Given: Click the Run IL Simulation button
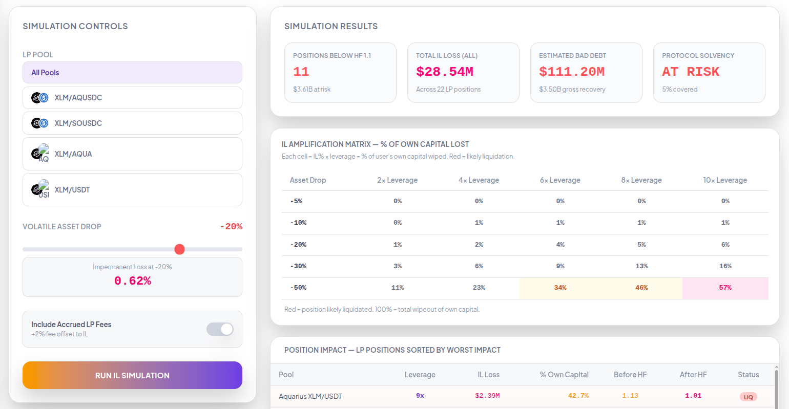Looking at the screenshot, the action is [132, 375].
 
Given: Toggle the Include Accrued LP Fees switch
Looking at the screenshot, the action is [220, 329].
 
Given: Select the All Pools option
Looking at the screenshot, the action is [132, 73].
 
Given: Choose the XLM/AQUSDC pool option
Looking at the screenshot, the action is [132, 98].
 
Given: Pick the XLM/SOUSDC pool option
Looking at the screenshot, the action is [132, 123].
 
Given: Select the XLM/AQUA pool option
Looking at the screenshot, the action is [132, 154].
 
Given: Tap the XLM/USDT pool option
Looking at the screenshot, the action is [132, 190].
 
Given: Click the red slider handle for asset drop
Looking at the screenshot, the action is [180, 249].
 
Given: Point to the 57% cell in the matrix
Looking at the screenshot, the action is [725, 288].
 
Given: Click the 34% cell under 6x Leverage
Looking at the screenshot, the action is [560, 288].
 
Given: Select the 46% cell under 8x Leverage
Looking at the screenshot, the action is [641, 288].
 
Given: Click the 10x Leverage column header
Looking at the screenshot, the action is [725, 180].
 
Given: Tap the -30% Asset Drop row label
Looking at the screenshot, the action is [298, 266].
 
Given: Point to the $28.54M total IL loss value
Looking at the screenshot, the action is [445, 72].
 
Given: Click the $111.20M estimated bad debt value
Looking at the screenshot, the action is [572, 72].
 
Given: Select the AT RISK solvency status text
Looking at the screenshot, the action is [691, 72].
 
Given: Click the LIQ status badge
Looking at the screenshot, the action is [748, 397].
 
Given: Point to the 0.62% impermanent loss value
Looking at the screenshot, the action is [132, 281].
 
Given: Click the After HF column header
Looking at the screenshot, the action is [693, 375].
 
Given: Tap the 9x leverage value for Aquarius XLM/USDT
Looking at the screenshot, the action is [420, 396].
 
